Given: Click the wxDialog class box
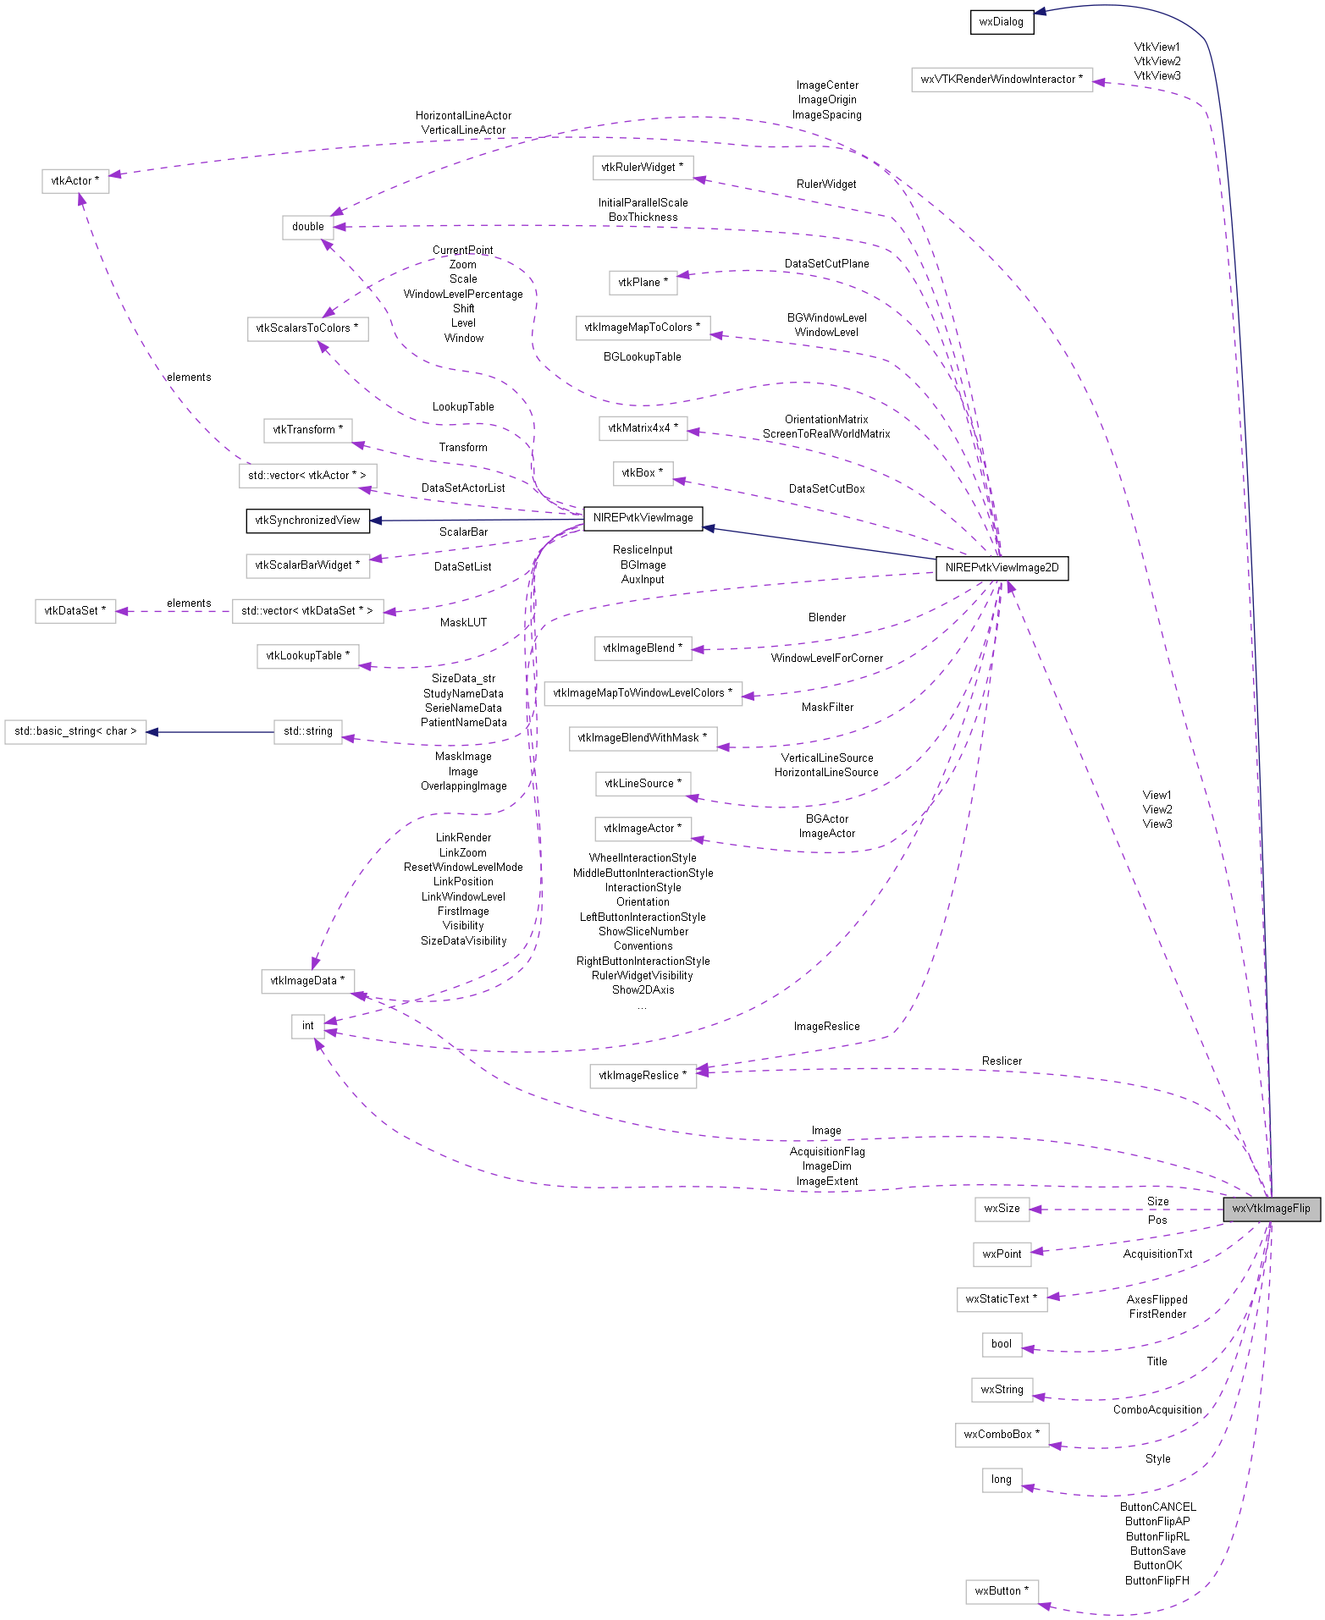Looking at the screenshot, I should (1002, 22).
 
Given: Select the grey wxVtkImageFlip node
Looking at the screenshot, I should (1271, 1209).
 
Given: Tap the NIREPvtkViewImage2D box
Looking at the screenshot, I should (1002, 568).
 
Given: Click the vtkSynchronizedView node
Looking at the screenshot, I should (307, 521).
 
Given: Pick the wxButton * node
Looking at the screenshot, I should (1002, 1591).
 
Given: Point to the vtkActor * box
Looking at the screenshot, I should (75, 181).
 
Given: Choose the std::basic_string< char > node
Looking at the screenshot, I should (75, 731).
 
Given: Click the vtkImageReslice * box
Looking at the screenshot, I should (643, 1076).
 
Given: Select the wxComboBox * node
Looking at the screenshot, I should (1002, 1435).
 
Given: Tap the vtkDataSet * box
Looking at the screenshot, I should (75, 611).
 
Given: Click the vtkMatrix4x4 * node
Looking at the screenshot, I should (643, 428).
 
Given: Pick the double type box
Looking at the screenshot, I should (307, 227).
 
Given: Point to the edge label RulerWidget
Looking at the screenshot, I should (826, 185).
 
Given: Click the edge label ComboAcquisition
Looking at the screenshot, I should (1157, 1410).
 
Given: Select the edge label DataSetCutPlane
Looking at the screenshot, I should (826, 264).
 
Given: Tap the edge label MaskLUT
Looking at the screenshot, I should (463, 623).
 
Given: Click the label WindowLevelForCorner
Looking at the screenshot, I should (826, 658).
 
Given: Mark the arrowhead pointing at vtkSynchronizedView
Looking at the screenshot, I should (377, 521).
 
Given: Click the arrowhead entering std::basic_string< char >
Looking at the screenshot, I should (153, 731).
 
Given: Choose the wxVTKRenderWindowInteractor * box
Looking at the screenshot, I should (1002, 80).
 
